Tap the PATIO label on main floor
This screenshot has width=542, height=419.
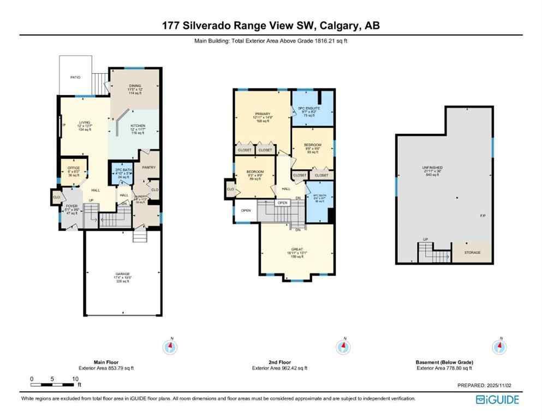point(75,78)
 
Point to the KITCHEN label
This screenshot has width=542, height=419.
point(138,126)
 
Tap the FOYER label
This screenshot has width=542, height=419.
point(72,206)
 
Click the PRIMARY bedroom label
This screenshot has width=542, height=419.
point(263,114)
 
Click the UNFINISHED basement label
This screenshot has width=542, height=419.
point(432,167)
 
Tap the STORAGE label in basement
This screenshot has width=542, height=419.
point(472,253)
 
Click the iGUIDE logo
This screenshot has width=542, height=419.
point(497,400)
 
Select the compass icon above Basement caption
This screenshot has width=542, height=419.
point(499,346)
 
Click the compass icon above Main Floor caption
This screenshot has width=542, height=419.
point(171,346)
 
